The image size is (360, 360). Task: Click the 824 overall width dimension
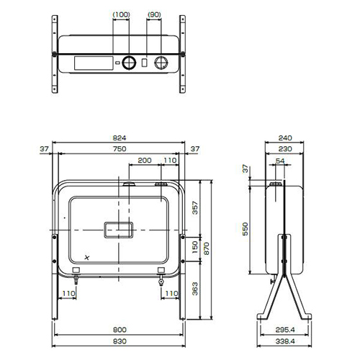(120, 138)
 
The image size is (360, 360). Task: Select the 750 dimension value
(120, 149)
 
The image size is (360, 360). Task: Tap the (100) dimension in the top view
(121, 14)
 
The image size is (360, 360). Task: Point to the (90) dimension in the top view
(154, 14)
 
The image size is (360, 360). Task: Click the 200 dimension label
(145, 160)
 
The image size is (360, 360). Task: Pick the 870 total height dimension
(207, 248)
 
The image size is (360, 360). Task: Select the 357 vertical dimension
(195, 208)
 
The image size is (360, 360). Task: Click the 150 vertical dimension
(195, 247)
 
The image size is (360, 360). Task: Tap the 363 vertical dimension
(195, 289)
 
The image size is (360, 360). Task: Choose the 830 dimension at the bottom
(120, 341)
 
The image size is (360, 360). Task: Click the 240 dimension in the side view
(285, 138)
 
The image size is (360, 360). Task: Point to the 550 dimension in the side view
(245, 229)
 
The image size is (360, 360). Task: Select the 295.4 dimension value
(285, 330)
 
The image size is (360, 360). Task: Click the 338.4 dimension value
(285, 341)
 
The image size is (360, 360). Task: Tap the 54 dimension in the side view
(280, 161)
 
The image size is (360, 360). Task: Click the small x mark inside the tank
(87, 258)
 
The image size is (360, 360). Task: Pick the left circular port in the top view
(129, 63)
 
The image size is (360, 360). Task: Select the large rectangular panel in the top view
(94, 63)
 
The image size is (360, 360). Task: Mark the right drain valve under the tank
(161, 281)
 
